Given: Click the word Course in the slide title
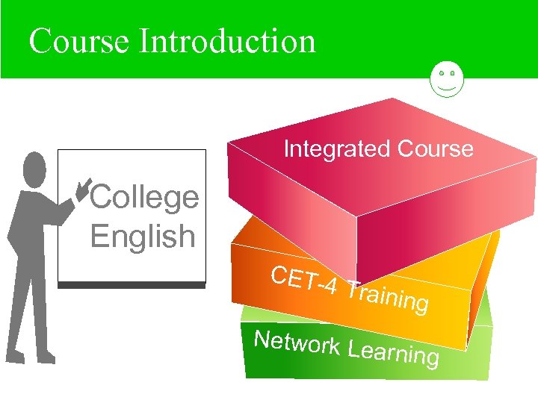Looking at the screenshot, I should point(78,41).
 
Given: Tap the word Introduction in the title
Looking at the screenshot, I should point(227,41).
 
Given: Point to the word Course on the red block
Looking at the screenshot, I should point(436,149).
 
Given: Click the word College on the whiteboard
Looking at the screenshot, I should point(144,198).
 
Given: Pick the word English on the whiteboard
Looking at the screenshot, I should point(142,237).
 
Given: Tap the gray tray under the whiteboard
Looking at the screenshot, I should point(132,285).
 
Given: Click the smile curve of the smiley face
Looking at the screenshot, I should point(448,88).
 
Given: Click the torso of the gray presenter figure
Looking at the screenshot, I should point(30,224).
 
